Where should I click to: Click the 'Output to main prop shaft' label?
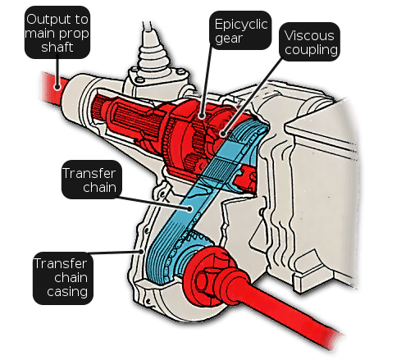click(57, 32)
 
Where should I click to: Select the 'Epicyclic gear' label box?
click(240, 30)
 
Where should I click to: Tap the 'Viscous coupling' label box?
click(309, 42)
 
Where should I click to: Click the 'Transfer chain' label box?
click(91, 180)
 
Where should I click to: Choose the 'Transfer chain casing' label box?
click(63, 278)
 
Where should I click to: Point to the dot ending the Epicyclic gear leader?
click(202, 116)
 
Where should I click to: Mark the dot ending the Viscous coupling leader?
click(223, 134)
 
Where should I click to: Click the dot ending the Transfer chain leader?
click(190, 209)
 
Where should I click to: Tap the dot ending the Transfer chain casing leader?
click(141, 251)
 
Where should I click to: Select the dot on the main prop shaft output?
click(57, 87)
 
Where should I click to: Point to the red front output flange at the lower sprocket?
click(207, 276)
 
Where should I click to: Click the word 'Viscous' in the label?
click(309, 35)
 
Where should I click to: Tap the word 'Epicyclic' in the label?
click(241, 25)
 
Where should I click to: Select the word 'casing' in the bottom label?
click(67, 292)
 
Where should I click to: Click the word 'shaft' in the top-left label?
click(57, 47)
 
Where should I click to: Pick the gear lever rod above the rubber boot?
click(148, 30)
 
